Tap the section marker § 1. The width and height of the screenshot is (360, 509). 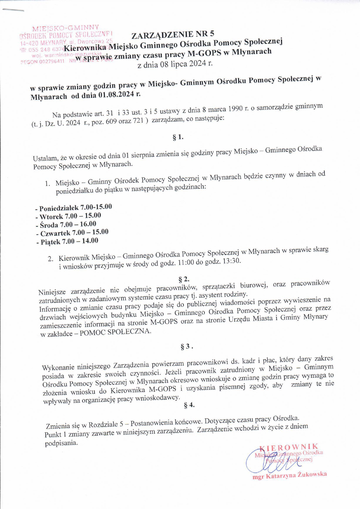tap(178, 137)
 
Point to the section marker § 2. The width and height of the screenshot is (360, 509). tap(184, 279)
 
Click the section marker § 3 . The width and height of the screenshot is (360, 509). tap(186, 346)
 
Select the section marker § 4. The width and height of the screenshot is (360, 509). tap(189, 405)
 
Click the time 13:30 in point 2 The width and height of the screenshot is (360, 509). tap(231, 261)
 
